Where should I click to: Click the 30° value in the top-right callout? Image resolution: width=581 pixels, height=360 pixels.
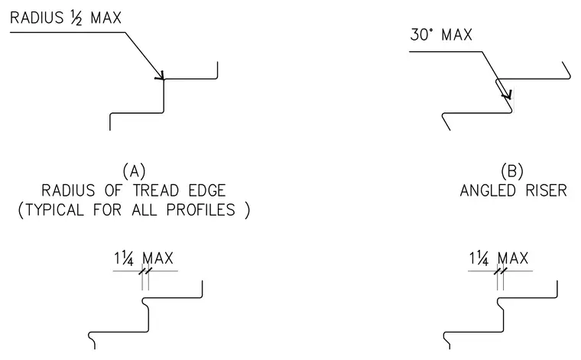coord(421,34)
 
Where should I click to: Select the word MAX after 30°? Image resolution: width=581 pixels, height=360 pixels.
coord(457,35)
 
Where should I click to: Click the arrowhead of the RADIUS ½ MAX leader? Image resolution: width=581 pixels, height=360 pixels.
coord(161,76)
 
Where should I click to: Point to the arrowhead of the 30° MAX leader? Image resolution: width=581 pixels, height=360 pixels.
coord(508,95)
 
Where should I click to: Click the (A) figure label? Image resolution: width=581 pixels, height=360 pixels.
coord(134,171)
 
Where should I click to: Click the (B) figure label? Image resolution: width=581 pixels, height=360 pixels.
coord(512,171)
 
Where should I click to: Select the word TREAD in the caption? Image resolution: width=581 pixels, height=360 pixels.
coord(156,191)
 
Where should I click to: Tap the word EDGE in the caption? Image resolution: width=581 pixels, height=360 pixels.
coord(207,191)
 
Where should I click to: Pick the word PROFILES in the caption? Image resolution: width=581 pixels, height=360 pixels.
coord(201,210)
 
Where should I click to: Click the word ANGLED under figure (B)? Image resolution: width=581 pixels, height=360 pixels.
coord(488,191)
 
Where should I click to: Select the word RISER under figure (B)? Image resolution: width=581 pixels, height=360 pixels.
coord(547,191)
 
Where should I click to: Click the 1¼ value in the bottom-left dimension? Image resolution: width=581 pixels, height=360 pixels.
coord(124,258)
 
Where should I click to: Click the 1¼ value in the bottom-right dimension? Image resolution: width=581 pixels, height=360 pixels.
coord(479,258)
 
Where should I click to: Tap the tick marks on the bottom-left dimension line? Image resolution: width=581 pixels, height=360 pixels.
coord(145,271)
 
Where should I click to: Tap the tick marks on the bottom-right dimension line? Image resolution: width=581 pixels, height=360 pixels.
coord(500,271)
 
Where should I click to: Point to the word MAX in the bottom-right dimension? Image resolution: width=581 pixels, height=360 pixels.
coord(513,258)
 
